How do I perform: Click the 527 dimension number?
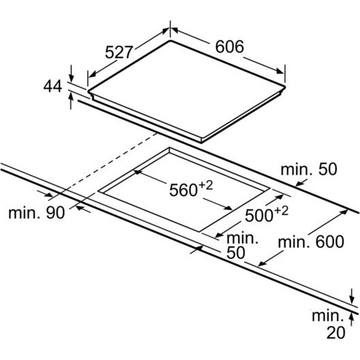pyautogui.click(x=119, y=52)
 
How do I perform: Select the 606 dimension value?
pyautogui.click(x=229, y=46)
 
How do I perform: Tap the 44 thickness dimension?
pyautogui.click(x=52, y=86)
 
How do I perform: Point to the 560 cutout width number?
pyautogui.click(x=183, y=190)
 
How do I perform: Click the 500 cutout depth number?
pyautogui.click(x=259, y=215)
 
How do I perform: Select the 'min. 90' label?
pyautogui.click(x=37, y=212)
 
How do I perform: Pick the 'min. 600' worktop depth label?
pyautogui.click(x=311, y=242)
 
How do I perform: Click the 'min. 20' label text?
pyautogui.click(x=329, y=325)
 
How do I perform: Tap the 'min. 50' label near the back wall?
pyautogui.click(x=309, y=170)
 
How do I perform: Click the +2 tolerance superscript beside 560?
pyautogui.click(x=205, y=185)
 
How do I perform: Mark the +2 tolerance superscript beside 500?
pyautogui.click(x=281, y=211)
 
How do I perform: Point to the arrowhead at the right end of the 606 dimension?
pyautogui.click(x=280, y=71)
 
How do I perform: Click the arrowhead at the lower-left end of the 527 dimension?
pyautogui.click(x=92, y=74)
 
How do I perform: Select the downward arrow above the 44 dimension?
pyautogui.click(x=71, y=74)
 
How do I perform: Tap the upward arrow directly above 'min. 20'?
pyautogui.click(x=351, y=319)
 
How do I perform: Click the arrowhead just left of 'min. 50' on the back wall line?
pyautogui.click(x=299, y=183)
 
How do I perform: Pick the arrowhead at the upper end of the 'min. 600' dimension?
pyautogui.click(x=344, y=212)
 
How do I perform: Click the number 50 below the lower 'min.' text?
pyautogui.click(x=236, y=253)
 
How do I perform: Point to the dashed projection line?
pyautogui.click(x=104, y=165)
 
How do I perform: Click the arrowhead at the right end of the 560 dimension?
pyautogui.click(x=228, y=207)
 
